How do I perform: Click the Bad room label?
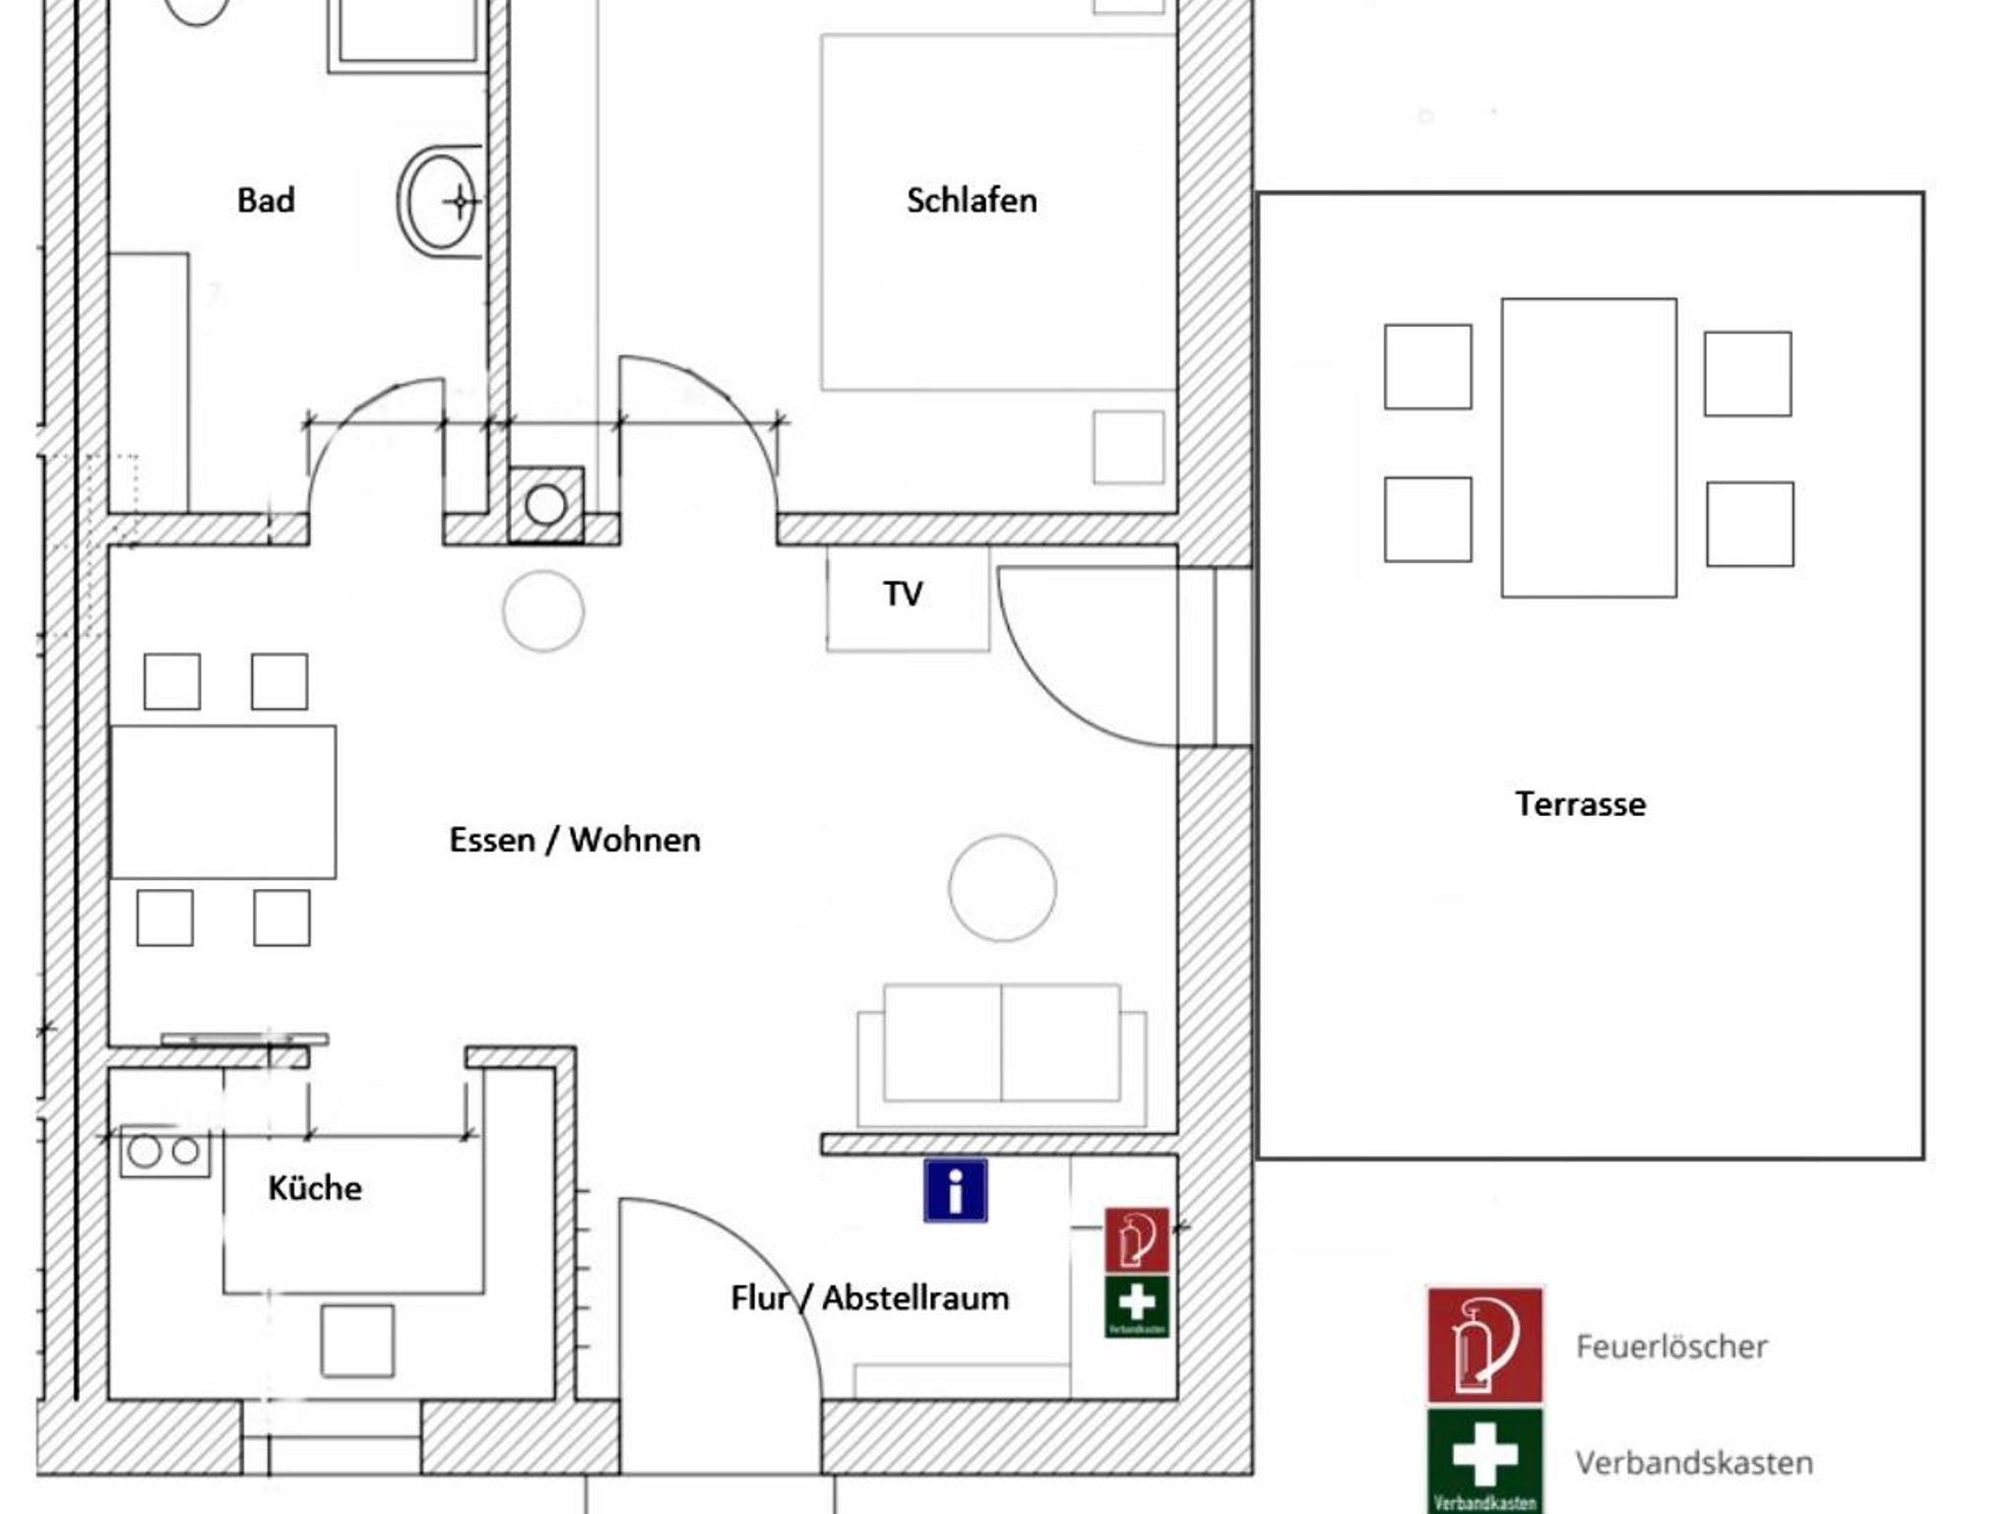click(x=266, y=200)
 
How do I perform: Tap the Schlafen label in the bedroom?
click(x=972, y=200)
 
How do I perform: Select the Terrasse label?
click(x=1580, y=803)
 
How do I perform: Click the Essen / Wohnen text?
click(x=575, y=840)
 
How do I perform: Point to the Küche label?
click(x=315, y=1187)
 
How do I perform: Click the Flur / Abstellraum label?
click(x=870, y=1297)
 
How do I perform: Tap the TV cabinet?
click(x=908, y=597)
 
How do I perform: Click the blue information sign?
click(x=955, y=1190)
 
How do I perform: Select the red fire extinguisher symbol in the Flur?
click(x=1137, y=1240)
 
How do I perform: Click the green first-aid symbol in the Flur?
click(x=1137, y=1306)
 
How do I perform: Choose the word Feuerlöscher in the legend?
click(x=1671, y=1346)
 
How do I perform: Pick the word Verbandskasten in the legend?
click(x=1694, y=1462)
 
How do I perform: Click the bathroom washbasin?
click(x=440, y=202)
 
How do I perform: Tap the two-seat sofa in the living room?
click(x=1002, y=1054)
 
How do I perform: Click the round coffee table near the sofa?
click(x=1002, y=888)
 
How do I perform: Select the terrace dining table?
click(x=1589, y=448)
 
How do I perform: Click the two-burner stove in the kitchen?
click(x=164, y=1151)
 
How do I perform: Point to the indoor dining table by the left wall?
click(x=223, y=801)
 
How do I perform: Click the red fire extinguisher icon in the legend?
click(x=1484, y=1345)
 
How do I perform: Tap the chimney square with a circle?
click(x=545, y=505)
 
